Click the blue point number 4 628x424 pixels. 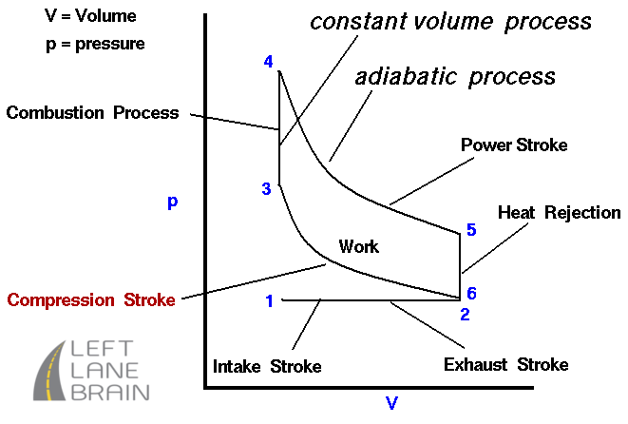point(268,62)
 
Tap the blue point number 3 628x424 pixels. point(266,189)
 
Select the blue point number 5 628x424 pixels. point(471,230)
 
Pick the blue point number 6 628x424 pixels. point(471,294)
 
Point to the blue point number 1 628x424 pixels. point(270,301)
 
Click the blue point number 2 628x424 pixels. point(465,315)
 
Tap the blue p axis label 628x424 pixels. point(173,202)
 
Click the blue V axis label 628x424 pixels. point(391,403)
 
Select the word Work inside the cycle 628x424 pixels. point(358,246)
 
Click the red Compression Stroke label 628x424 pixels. point(91,299)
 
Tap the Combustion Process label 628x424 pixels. point(92,112)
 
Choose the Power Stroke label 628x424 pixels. point(514,145)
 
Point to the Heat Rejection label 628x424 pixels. point(559,213)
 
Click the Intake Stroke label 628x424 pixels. point(267,366)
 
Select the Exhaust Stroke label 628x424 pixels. point(505,365)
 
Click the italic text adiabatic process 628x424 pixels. point(455,77)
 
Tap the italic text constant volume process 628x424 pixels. point(450,22)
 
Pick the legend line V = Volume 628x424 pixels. point(90,16)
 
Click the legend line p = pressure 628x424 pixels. point(95,44)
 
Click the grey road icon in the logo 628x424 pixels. point(49,371)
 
